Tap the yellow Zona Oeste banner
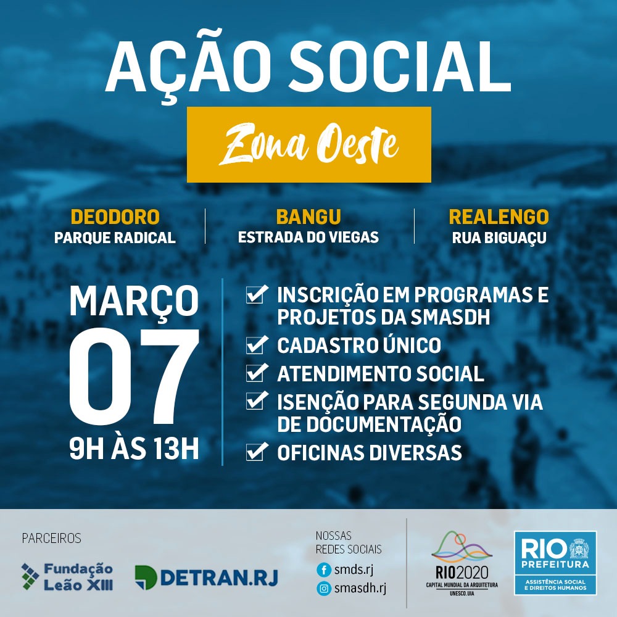309,144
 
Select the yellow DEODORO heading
115,217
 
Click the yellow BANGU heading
308,217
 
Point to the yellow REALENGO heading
499,217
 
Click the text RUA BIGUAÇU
499,238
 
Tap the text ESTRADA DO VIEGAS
308,238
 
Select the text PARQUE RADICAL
115,238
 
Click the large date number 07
134,376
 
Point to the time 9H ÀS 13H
134,449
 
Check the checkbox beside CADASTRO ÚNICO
257,345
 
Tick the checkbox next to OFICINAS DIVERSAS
257,452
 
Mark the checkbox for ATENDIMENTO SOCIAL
257,373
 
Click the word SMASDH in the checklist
450,317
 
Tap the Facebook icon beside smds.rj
324,569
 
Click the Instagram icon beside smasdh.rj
324,588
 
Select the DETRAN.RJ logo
207,578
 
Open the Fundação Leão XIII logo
67,577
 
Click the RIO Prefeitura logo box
555,563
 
